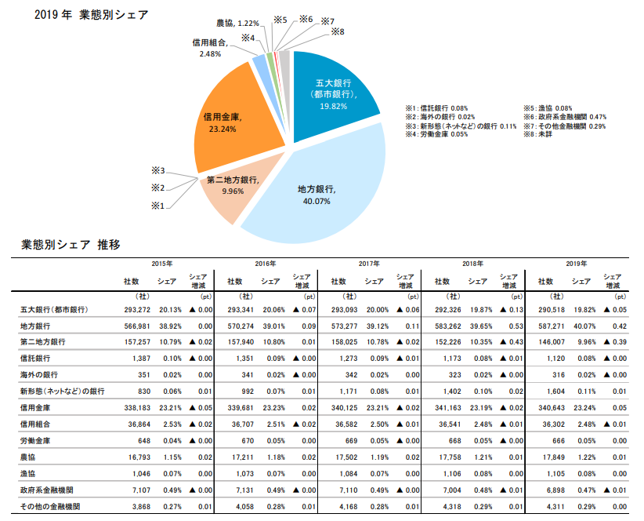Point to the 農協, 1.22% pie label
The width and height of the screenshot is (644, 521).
(x=236, y=24)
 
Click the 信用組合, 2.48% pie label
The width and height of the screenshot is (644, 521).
(x=209, y=48)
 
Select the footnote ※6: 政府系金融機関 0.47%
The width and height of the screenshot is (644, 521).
(x=564, y=116)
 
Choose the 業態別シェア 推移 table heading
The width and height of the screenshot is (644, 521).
(x=71, y=244)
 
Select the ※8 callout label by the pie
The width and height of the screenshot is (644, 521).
(x=338, y=31)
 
